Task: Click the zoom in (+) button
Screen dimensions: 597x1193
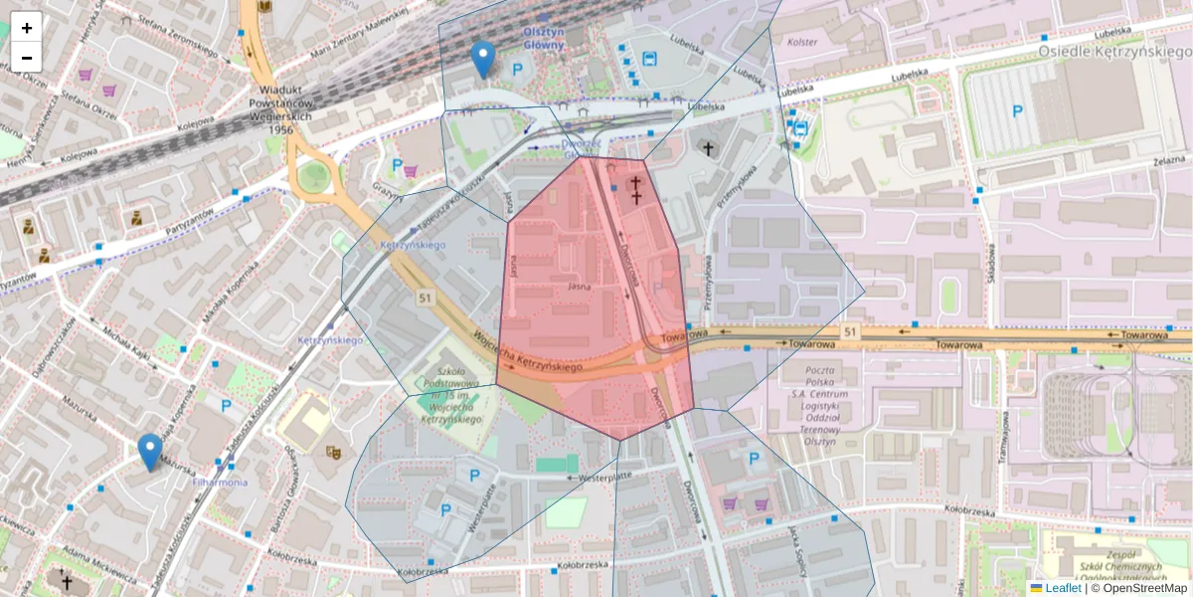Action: (x=27, y=28)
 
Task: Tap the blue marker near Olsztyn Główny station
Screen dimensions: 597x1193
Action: (x=483, y=60)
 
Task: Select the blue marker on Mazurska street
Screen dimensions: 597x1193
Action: (x=150, y=451)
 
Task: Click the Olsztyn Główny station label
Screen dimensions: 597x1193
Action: (x=544, y=38)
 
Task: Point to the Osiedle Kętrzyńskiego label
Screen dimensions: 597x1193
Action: (x=1113, y=51)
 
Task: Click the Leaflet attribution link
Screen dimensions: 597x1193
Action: (x=1062, y=588)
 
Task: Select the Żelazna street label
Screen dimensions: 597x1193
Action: (x=1169, y=161)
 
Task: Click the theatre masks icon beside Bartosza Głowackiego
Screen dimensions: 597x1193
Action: (x=335, y=451)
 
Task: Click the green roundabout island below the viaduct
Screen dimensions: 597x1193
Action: (x=314, y=177)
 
